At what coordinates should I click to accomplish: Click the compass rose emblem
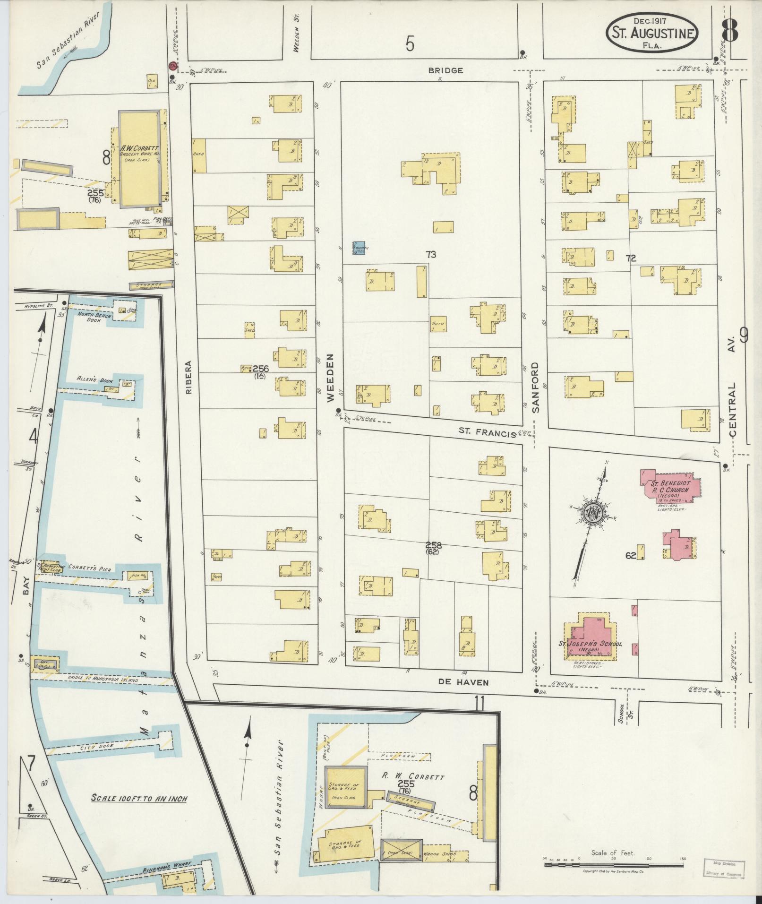point(592,513)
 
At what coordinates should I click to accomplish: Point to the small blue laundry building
point(359,248)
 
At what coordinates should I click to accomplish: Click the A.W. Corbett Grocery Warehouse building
point(139,159)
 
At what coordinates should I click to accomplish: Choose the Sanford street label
point(535,388)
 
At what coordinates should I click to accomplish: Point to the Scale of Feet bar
point(614,865)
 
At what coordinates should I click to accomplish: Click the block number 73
point(430,255)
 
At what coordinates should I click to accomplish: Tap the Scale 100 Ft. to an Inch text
point(139,799)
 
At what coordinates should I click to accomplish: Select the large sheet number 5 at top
point(410,44)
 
